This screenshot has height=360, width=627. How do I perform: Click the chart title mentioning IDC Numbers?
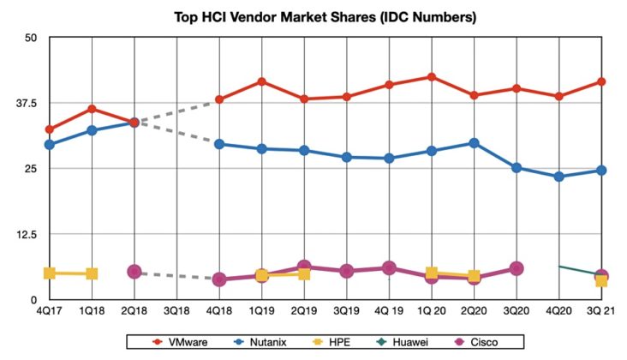click(x=313, y=15)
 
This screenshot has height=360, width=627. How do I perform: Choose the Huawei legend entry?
click(x=402, y=343)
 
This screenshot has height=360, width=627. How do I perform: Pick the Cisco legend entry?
click(x=478, y=343)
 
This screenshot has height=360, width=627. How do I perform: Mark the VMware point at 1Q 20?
click(x=431, y=77)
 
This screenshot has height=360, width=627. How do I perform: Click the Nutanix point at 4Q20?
click(x=558, y=177)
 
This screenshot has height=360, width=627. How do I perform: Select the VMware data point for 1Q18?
click(x=92, y=109)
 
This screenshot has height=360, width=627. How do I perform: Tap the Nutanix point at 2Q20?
click(x=474, y=143)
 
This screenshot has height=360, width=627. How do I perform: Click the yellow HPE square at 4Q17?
click(x=50, y=273)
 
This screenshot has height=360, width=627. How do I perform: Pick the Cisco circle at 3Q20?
click(x=516, y=268)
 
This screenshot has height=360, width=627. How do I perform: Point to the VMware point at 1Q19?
click(x=261, y=81)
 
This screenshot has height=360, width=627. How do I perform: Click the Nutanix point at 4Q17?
click(x=50, y=144)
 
